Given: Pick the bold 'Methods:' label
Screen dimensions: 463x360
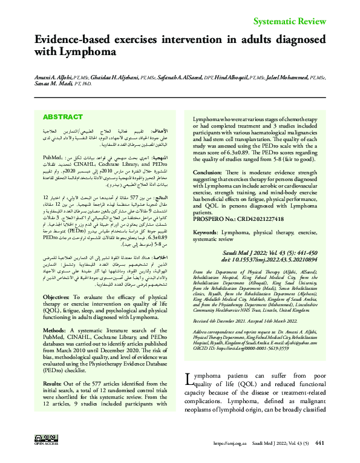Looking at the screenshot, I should pos(56,314).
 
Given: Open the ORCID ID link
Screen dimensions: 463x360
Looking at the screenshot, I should pos(256,349).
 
